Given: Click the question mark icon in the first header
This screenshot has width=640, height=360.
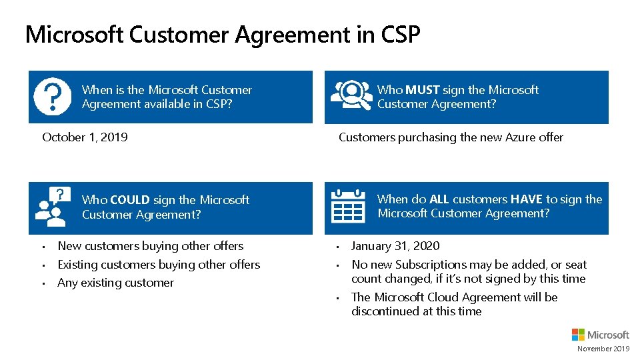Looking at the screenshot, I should point(52,97).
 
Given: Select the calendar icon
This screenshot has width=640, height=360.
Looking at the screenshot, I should point(348,206).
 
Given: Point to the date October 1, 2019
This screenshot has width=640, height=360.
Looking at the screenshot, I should point(85,137).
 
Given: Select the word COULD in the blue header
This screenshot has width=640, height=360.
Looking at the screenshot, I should point(129,200).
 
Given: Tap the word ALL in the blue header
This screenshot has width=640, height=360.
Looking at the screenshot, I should point(439,199).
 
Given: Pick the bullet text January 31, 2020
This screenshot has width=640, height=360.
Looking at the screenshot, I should point(395,246).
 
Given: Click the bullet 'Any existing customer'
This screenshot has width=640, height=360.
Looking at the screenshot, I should point(115,283).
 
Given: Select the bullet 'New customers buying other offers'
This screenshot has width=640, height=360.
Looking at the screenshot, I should point(151,246).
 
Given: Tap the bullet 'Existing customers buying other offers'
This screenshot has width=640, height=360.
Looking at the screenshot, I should point(159,265).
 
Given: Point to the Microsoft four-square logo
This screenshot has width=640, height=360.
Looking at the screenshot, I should point(578,335).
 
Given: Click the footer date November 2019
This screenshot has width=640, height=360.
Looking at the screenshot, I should point(603,349).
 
